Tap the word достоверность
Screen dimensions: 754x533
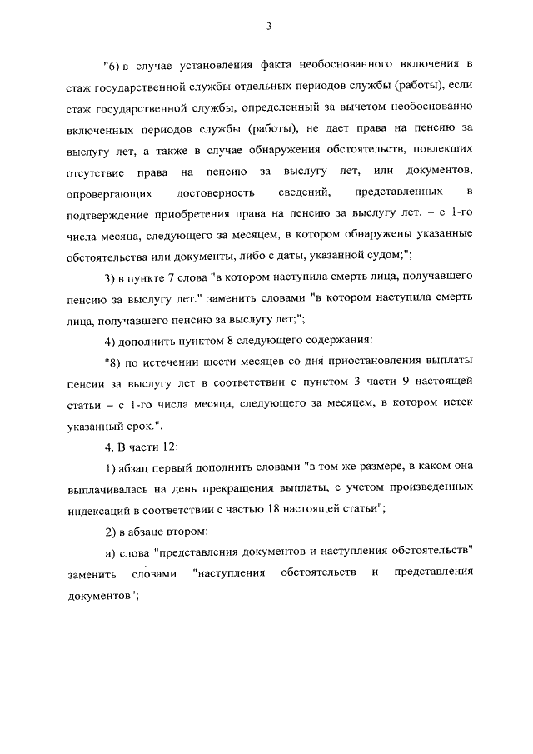228,193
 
